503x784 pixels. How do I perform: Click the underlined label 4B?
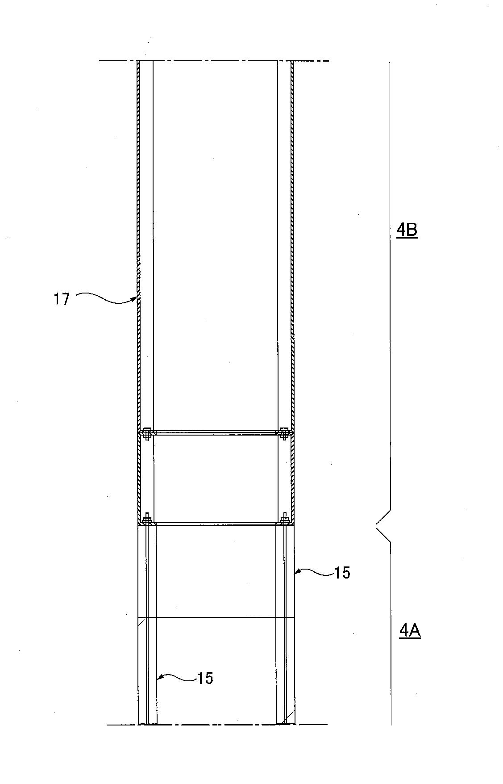407,231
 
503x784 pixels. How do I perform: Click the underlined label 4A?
409,631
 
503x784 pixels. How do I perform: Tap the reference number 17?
62,299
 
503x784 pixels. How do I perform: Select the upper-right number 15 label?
342,573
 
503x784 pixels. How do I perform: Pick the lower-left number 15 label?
205,678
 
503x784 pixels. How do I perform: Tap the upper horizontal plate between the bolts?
215,432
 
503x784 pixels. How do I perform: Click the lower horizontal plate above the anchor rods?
216,523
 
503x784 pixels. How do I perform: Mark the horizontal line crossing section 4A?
216,618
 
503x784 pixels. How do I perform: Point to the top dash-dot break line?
214,61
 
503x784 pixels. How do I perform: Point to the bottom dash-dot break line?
217,725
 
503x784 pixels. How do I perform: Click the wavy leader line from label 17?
106,298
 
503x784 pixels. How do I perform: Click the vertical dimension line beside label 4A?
391,633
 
